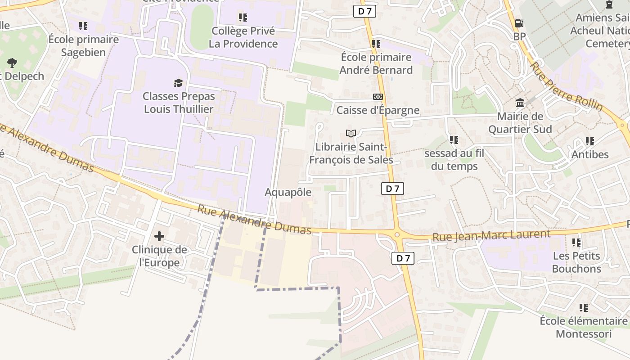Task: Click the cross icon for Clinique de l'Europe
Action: tap(159, 236)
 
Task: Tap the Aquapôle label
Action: tap(288, 192)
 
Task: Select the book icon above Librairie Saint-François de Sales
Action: tap(351, 133)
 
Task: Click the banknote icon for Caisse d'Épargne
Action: tap(378, 97)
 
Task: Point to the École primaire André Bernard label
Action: tap(376, 63)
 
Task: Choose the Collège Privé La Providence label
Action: tap(243, 37)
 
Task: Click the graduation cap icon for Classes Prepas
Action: tap(179, 82)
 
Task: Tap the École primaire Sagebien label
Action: tap(84, 45)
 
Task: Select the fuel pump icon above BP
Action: tap(519, 23)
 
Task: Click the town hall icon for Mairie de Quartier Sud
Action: tap(520, 103)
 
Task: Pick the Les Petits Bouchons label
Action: tap(576, 262)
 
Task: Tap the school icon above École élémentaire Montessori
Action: tap(584, 308)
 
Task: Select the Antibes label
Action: tap(590, 154)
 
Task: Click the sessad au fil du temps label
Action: tap(454, 160)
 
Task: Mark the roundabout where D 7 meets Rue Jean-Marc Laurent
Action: tap(397, 234)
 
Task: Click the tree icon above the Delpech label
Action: tap(12, 63)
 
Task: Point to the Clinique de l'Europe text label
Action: tap(159, 256)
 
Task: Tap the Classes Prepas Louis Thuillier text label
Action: tap(179, 103)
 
